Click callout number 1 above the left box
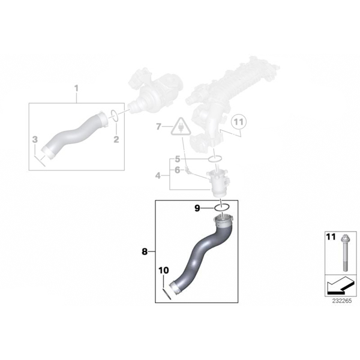76,88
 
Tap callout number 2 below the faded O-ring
116,139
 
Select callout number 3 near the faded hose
35,139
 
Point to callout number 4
158,176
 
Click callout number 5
178,159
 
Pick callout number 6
177,170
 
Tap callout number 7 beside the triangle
158,127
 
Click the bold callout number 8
145,251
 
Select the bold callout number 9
197,208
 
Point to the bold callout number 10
164,271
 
